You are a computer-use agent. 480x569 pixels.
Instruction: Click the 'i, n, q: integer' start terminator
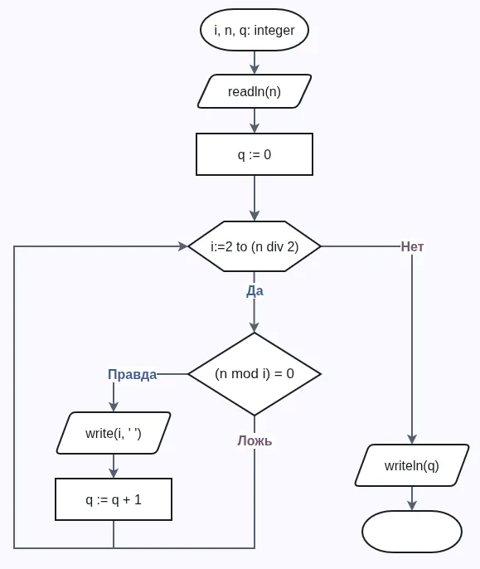pos(254,31)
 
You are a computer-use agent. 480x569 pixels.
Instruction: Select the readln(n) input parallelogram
pos(254,91)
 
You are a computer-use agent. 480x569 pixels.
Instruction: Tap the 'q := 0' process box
pos(254,154)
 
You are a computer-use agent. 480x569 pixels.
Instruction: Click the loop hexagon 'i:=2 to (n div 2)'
pos(254,246)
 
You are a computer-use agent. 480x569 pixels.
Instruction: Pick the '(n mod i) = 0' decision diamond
pos(254,373)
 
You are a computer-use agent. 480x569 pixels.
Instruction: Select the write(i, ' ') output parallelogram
pos(114,433)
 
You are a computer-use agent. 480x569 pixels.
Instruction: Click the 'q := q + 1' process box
pos(114,499)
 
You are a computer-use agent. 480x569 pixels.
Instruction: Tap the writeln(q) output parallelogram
pos(411,465)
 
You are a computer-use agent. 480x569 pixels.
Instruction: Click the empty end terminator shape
pos(411,531)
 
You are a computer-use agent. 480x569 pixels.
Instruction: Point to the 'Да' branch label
pos(255,290)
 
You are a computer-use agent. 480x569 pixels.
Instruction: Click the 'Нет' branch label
pos(412,246)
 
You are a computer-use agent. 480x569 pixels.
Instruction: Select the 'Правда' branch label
pos(132,374)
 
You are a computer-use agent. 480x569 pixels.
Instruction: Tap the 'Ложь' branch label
pos(255,440)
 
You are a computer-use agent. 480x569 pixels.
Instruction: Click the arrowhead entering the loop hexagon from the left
pos(182,246)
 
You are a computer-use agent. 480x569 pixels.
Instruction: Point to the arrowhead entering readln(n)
pos(255,70)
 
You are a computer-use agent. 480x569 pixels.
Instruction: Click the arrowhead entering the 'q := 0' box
pos(255,128)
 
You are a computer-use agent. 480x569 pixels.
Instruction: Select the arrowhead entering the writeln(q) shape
pos(412,440)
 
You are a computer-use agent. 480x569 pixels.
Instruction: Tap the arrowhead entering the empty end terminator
pos(412,505)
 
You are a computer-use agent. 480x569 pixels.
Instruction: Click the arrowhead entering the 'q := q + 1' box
pos(114,473)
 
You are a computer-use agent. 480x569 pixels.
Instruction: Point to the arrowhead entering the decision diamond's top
pos(255,327)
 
